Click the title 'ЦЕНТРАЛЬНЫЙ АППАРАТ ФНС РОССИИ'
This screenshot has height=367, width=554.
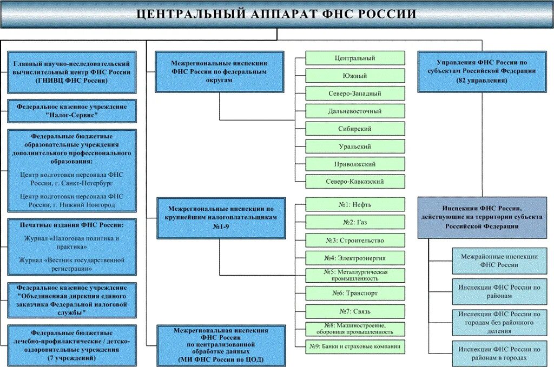coord(276,14)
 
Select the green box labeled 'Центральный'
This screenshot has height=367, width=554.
coord(355,58)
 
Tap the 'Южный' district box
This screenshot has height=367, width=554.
coord(355,76)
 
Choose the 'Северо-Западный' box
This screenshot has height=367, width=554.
coord(355,94)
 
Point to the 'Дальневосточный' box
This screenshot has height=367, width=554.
coord(355,111)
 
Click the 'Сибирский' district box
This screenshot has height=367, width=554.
coord(355,129)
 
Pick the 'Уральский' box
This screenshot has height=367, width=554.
coord(355,146)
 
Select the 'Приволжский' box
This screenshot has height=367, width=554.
coord(355,164)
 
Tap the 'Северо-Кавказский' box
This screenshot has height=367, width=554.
coord(355,182)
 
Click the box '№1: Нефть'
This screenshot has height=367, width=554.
coord(355,204)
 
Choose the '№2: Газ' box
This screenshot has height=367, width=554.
coord(355,222)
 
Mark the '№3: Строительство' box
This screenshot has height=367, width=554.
coord(355,240)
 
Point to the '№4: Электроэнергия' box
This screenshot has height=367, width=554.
coord(355,258)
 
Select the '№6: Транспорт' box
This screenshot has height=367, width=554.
coord(355,293)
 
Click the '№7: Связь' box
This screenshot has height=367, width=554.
coord(355,311)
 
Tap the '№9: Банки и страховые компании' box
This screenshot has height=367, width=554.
coord(355,346)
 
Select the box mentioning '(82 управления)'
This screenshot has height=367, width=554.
coord(482,71)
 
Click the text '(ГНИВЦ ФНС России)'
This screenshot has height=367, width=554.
coord(72,80)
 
